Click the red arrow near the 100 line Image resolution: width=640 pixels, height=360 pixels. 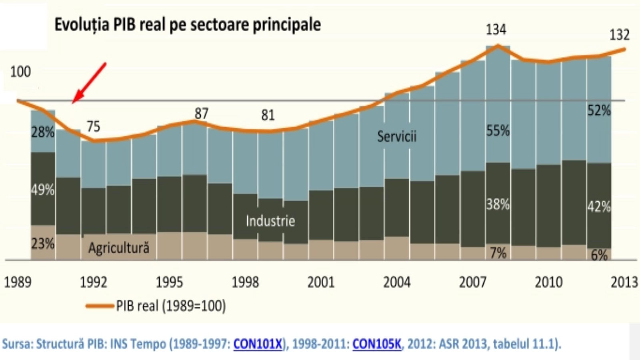point(89,82)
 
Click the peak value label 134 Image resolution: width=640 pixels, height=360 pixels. point(496,30)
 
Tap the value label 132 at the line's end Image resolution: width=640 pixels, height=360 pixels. point(619,35)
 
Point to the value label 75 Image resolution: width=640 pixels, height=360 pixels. point(93,126)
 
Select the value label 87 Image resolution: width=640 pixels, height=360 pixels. point(202,114)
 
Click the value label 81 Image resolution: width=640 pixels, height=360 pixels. point(268,115)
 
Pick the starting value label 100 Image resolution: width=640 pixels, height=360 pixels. point(20,72)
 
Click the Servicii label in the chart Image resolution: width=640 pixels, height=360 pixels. point(397,136)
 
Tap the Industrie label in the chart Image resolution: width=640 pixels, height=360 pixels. point(270,221)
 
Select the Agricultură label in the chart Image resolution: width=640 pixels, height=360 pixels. point(119,248)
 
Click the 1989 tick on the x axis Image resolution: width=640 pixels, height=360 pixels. point(18,282)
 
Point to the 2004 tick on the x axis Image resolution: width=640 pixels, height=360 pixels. point(397,282)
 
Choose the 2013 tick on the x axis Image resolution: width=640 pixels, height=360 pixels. point(624,282)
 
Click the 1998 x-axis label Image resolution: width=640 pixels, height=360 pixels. point(245,282)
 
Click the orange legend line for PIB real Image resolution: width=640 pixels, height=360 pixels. point(100,306)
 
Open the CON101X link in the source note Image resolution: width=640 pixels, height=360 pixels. point(258,344)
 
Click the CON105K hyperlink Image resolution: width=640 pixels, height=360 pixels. point(376,344)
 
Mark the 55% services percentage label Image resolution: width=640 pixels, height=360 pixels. point(498,131)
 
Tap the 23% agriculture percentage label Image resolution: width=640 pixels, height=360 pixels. point(43,243)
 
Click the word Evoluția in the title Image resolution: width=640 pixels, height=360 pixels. point(82,24)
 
